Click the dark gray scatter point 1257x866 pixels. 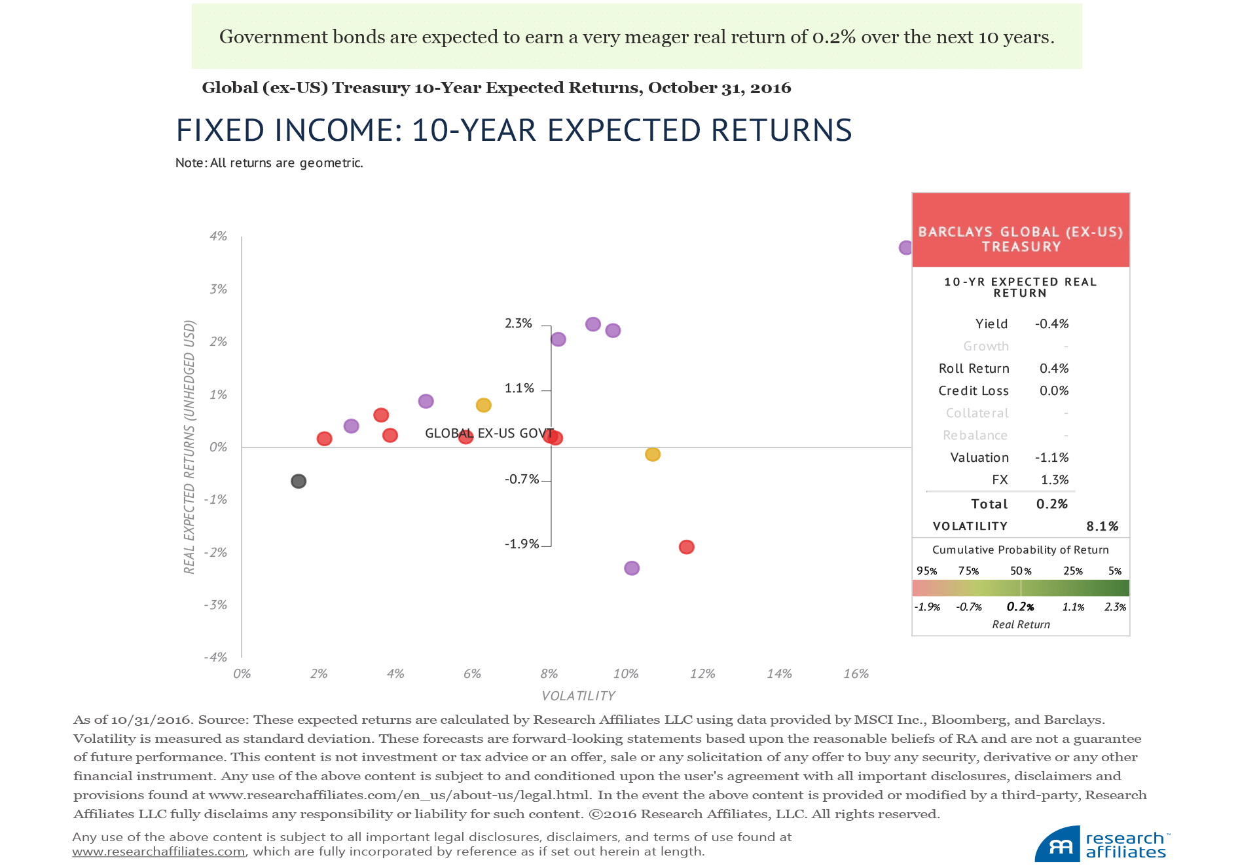[x=299, y=481]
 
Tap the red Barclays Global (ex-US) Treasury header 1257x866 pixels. [x=1021, y=231]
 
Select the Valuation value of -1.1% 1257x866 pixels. [x=1051, y=458]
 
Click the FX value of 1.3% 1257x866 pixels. [x=1054, y=480]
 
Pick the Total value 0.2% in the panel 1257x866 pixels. [x=1051, y=504]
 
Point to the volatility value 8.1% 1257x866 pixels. [x=1102, y=527]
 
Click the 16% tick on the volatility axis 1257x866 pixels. [x=856, y=674]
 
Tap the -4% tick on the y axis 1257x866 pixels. [x=215, y=658]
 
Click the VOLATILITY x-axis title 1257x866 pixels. [x=579, y=696]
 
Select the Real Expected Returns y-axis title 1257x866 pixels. [x=189, y=447]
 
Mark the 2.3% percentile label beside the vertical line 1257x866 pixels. [x=519, y=324]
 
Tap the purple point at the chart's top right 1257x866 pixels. [x=905, y=248]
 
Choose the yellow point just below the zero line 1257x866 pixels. [x=653, y=455]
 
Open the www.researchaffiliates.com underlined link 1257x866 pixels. [x=158, y=852]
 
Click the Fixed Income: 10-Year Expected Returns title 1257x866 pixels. [x=514, y=130]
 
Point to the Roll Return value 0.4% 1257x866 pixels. [x=1054, y=369]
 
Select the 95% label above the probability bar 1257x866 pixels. [x=926, y=571]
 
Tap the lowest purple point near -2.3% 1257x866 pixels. [x=632, y=568]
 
